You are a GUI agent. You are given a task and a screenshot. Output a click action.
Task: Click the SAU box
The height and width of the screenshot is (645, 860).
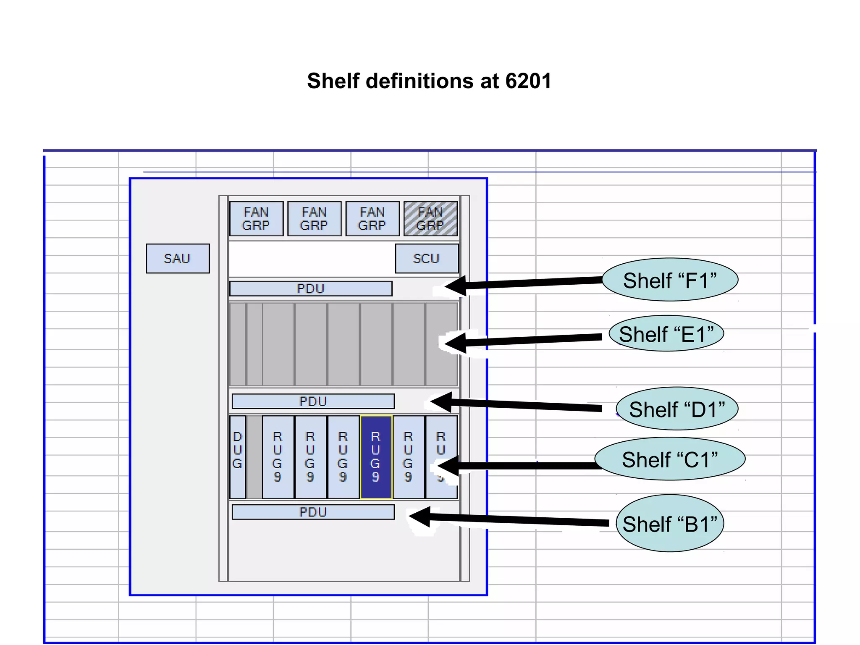tap(178, 259)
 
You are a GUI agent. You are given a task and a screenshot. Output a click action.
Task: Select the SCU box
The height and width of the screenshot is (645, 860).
tap(427, 259)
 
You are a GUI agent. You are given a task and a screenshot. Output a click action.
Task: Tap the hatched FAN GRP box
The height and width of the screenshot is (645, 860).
tap(430, 219)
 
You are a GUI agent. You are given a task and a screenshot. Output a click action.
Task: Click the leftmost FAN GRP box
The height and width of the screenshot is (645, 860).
tap(256, 219)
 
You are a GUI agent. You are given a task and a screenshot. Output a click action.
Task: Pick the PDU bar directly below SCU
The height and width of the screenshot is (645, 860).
tap(311, 288)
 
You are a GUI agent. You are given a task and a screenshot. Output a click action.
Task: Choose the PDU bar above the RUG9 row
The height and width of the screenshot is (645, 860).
tap(313, 401)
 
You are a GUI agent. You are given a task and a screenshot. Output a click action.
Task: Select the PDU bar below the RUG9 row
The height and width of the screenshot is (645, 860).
tap(313, 512)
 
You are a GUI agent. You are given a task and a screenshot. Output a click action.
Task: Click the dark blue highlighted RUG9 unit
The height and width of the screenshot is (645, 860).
tap(376, 457)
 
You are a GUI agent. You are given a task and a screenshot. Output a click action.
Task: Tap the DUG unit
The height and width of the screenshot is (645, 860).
tap(238, 457)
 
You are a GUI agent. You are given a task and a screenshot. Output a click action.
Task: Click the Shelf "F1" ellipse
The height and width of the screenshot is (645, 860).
tap(670, 280)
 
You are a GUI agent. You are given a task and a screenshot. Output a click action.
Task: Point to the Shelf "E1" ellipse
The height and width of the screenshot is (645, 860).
tap(666, 333)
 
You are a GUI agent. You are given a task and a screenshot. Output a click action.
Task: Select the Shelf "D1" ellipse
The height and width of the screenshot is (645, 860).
tap(677, 409)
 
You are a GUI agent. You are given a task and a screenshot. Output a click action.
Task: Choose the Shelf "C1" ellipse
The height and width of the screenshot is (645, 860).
tap(670, 459)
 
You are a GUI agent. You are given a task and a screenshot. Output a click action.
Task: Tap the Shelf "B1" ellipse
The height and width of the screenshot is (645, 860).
tap(670, 523)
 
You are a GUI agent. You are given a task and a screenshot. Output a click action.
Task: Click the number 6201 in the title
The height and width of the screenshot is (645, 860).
tap(528, 81)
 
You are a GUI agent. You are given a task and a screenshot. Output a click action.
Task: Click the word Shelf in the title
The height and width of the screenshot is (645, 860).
tap(333, 81)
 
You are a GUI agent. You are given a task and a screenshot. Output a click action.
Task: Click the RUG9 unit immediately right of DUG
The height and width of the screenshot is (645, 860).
tap(278, 457)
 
